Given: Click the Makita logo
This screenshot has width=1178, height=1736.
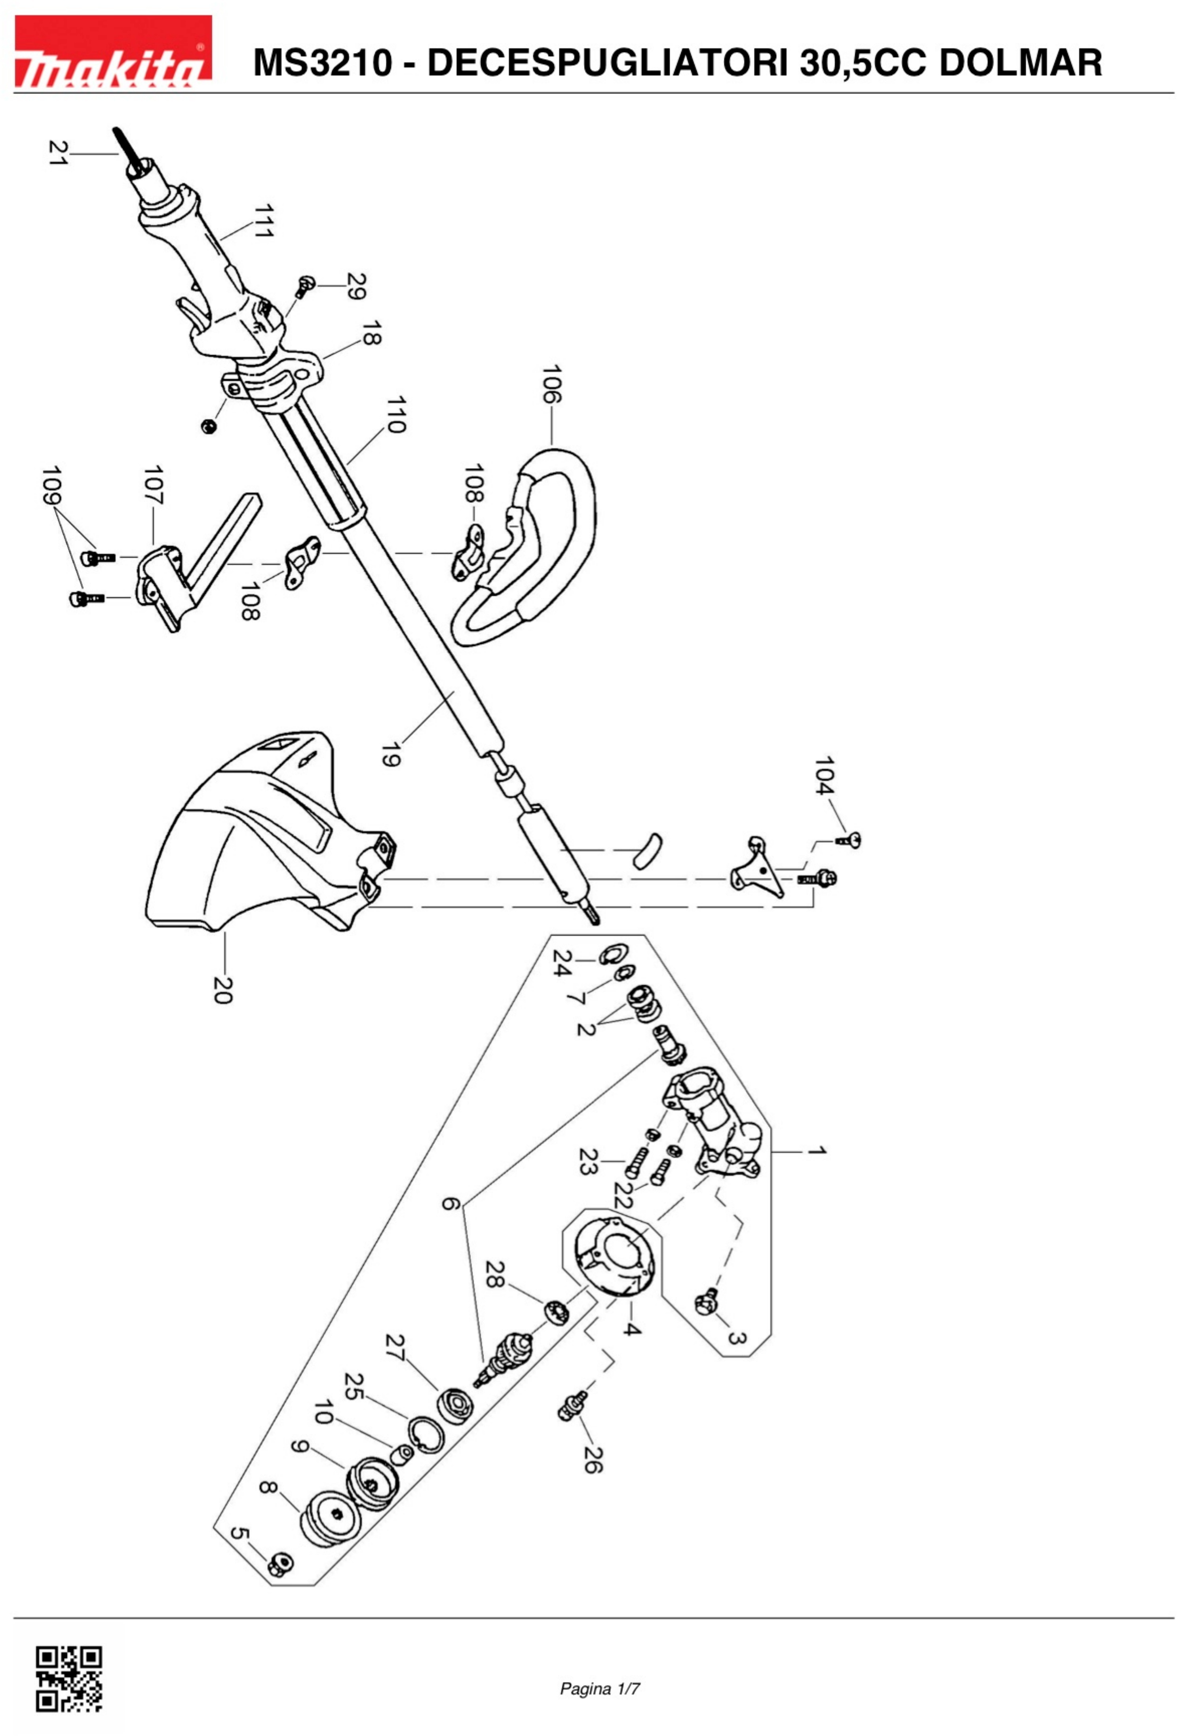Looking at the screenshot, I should pos(113,52).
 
